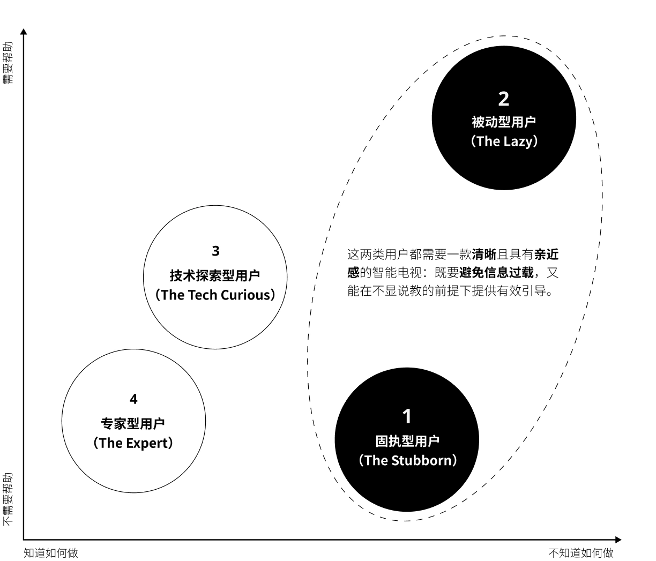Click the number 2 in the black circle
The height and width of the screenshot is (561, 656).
point(504,99)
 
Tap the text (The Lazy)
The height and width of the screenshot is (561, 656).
point(504,141)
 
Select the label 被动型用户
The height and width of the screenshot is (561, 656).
point(504,122)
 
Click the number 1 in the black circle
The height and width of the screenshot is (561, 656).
point(407,416)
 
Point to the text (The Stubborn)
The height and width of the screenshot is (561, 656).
point(407,460)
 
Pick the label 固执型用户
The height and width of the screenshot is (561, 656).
point(407,441)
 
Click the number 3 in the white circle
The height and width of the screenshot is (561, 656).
point(215,251)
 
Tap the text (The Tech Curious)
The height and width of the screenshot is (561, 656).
point(215,295)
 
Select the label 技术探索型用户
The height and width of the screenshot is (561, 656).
point(215,275)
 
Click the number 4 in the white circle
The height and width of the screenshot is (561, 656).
point(133,399)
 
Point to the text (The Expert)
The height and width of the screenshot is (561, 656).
point(133,443)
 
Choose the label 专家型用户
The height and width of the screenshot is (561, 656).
point(133,424)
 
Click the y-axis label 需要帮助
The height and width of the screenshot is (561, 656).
point(8,63)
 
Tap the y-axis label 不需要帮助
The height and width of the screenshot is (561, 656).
point(8,499)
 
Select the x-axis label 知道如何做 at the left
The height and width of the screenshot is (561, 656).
point(51,553)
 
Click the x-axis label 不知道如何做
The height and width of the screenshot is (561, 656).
point(581,553)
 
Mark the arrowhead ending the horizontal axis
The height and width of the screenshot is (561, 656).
point(618,540)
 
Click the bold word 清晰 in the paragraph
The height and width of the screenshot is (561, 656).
point(484,254)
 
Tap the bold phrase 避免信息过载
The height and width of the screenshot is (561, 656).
point(496,272)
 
